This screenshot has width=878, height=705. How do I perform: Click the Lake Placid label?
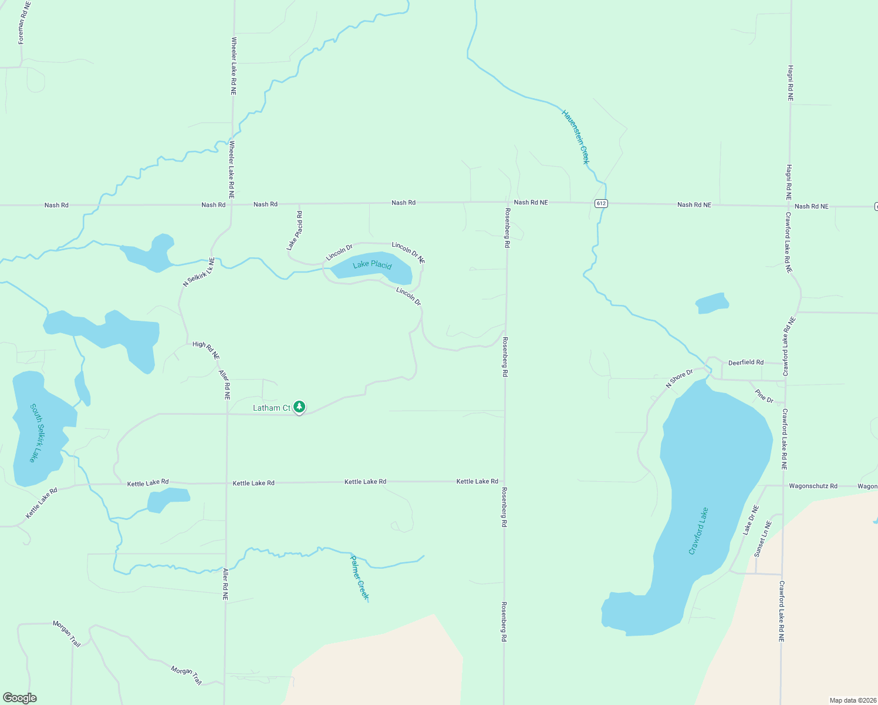click(x=372, y=265)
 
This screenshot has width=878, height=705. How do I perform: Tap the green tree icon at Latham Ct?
click(x=299, y=407)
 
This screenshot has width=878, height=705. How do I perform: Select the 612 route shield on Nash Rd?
click(x=600, y=203)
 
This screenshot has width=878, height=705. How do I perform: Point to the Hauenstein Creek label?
click(x=576, y=136)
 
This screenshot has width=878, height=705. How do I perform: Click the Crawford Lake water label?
click(x=698, y=531)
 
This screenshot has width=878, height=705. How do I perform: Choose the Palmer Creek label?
click(x=359, y=577)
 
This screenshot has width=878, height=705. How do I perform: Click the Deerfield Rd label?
click(x=746, y=362)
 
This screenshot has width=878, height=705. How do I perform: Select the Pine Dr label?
click(x=764, y=397)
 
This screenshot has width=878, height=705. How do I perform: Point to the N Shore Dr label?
click(x=679, y=378)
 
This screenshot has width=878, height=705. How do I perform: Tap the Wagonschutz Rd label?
click(x=813, y=486)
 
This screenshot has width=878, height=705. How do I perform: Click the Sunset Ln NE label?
click(x=762, y=538)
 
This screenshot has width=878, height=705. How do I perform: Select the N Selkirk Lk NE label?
click(x=199, y=271)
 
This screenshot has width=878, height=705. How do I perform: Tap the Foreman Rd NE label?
click(x=23, y=23)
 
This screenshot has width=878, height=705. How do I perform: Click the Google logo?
click(x=20, y=698)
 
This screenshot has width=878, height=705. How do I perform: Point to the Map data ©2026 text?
click(x=852, y=700)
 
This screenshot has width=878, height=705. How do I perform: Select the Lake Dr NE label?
click(x=750, y=520)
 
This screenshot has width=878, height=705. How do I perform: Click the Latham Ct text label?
click(x=272, y=408)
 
